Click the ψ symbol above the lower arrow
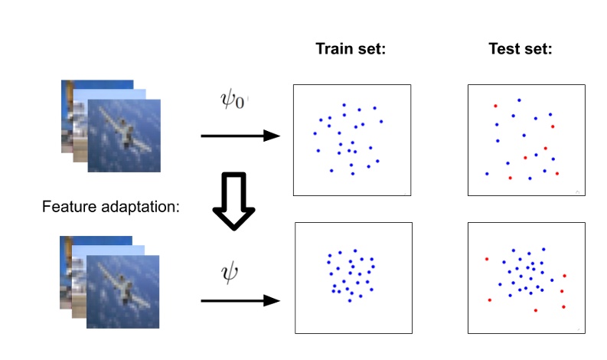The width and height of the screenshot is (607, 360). pos(230,272)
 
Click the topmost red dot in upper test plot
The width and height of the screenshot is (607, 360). pos(495,106)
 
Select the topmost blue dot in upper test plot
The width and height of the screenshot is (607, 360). pos(519,100)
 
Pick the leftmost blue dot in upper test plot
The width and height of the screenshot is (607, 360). pos(486,174)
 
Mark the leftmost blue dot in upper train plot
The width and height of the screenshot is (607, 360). pos(315,133)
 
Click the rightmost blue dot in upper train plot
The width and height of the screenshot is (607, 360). pos(381,121)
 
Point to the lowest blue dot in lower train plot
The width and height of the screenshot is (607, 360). pos(350,300)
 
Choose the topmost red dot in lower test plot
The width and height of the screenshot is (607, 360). pos(486,259)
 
